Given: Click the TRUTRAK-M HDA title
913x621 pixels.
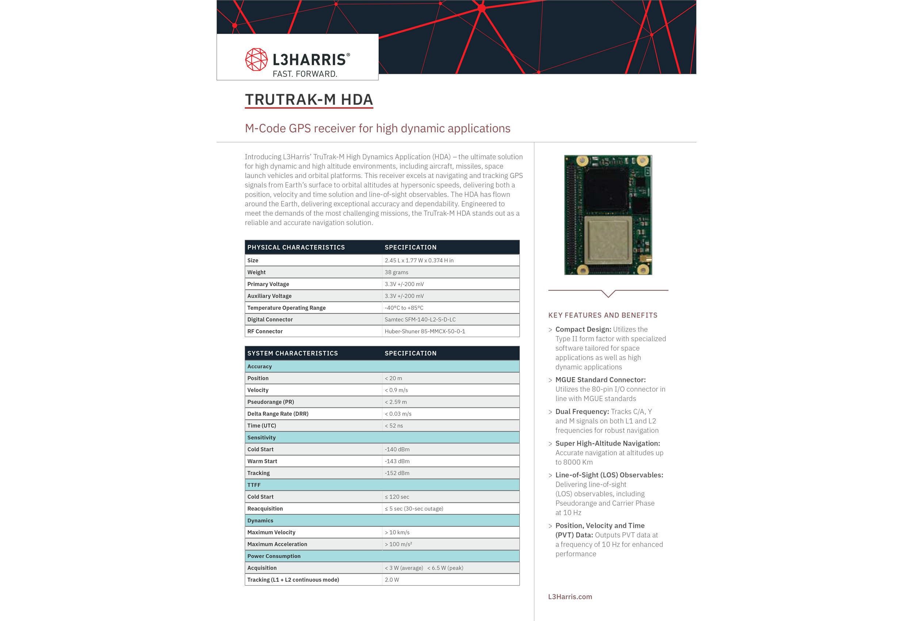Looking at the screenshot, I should pyautogui.click(x=309, y=99).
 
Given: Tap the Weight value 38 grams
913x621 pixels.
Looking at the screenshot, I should pyautogui.click(x=396, y=273).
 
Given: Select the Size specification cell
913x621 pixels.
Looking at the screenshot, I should pyautogui.click(x=419, y=260).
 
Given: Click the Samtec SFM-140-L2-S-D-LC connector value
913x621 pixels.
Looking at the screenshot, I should pyautogui.click(x=420, y=320).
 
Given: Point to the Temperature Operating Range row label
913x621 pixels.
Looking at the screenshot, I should pyautogui.click(x=286, y=308).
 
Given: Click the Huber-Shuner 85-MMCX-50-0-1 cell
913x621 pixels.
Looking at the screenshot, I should pyautogui.click(x=425, y=331).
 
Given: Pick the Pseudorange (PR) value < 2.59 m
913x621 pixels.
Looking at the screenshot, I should pyautogui.click(x=396, y=402).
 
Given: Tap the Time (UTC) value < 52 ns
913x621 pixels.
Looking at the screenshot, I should pyautogui.click(x=394, y=426).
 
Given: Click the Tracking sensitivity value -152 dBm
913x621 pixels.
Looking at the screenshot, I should pyautogui.click(x=397, y=473).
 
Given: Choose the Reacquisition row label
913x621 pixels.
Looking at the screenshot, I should pyautogui.click(x=265, y=508).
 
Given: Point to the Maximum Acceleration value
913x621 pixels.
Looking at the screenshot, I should pyautogui.click(x=398, y=544).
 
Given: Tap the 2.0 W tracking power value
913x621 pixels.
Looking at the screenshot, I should pyautogui.click(x=392, y=580).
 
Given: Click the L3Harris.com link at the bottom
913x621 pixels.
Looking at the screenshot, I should pyautogui.click(x=570, y=597).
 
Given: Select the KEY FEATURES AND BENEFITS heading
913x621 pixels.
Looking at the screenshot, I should pyautogui.click(x=603, y=315).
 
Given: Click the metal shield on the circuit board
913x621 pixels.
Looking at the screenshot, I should pyautogui.click(x=608, y=240).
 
